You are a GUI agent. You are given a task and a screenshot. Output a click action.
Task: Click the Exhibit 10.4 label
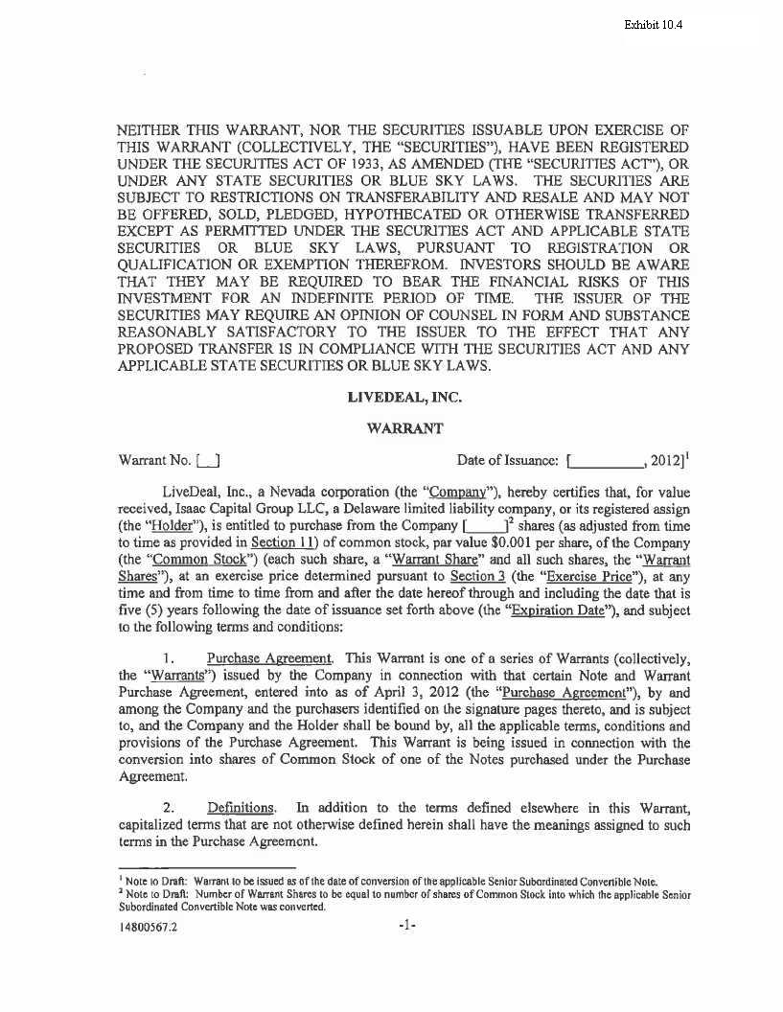tap(653, 24)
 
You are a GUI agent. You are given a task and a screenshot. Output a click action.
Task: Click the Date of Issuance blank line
tap(605, 461)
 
